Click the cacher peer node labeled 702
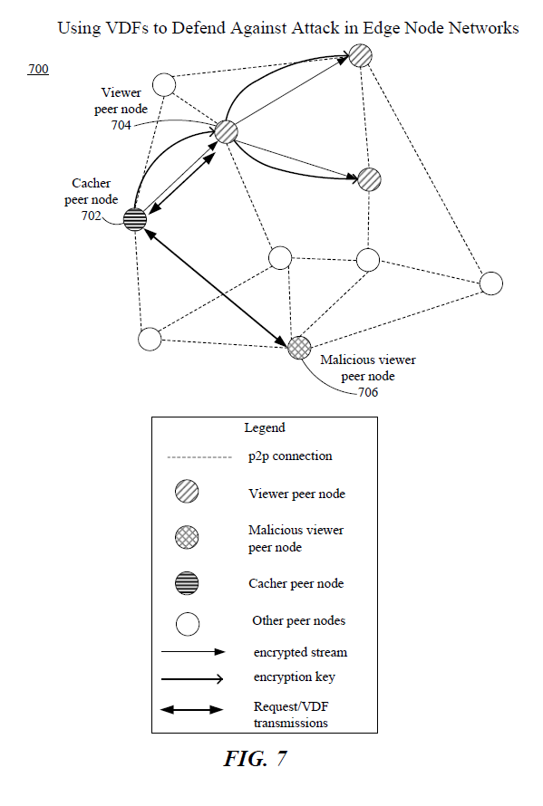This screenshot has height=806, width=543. coord(135,219)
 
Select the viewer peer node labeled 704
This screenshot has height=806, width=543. coord(226,131)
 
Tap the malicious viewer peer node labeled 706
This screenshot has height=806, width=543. coord(299,348)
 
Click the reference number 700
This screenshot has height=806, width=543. coord(38,69)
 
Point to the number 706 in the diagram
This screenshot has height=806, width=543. coord(368,392)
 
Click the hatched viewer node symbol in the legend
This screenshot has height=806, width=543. coord(187,491)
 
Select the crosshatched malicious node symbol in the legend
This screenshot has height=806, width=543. coord(187,537)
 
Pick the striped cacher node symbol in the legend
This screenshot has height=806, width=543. coord(187,583)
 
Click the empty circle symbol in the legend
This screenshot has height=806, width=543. coord(188,624)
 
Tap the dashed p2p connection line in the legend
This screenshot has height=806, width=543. coord(199,457)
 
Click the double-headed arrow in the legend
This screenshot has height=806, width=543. coord(192,710)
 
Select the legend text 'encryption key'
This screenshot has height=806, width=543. coord(294,677)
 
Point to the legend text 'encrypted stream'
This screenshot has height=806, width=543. coord(300,652)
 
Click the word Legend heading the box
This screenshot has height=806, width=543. coord(265,427)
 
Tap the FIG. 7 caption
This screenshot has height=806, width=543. coord(255,759)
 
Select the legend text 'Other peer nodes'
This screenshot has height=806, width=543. coord(298,620)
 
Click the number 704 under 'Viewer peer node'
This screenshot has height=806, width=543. coord(121,125)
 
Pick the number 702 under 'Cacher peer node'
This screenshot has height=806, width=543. coord(91,216)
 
